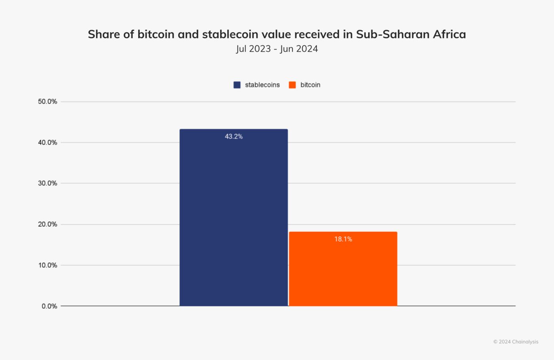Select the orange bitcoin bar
pos(343,273)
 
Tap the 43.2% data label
pos(233,136)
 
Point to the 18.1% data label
pos(343,239)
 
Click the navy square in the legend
pos(237,85)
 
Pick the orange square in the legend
pos(292,85)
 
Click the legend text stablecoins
pos(262,85)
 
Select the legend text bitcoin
pos(310,85)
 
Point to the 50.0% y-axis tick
pos(47,102)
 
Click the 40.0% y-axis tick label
pos(47,142)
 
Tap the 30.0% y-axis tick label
pos(47,183)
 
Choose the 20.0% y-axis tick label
pos(47,224)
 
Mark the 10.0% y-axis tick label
pos(47,265)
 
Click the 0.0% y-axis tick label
pos(49,306)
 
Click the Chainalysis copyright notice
pos(516,342)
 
